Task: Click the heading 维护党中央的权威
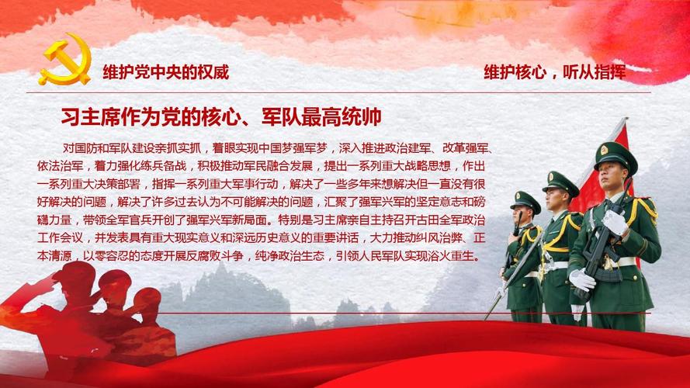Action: (x=165, y=72)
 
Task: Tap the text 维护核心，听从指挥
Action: (x=554, y=72)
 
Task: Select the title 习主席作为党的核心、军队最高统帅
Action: (x=221, y=117)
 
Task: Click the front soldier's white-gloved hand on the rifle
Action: (x=614, y=222)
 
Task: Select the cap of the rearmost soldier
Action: (x=525, y=200)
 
